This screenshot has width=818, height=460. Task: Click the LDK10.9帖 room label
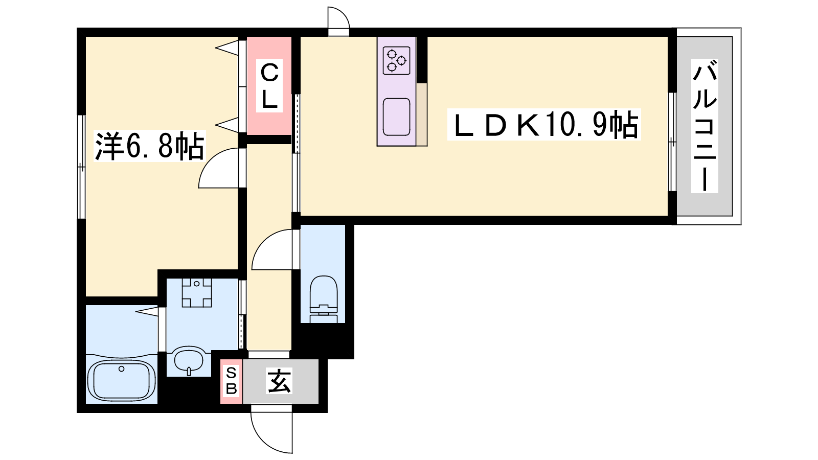click(544, 125)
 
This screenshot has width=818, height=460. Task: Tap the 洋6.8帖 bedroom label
click(149, 146)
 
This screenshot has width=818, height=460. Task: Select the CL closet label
click(269, 86)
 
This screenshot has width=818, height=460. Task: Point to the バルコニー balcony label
click(705, 126)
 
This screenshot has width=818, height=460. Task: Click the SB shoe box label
click(232, 381)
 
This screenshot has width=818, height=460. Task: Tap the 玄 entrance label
click(279, 381)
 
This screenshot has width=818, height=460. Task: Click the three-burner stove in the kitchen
click(397, 61)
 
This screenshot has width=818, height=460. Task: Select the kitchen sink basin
click(396, 117)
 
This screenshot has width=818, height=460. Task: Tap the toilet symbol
click(324, 299)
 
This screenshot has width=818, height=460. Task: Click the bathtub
click(122, 380)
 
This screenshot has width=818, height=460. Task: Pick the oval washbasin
click(189, 360)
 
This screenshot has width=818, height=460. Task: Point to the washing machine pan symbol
click(197, 292)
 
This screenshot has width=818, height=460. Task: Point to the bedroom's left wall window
click(81, 167)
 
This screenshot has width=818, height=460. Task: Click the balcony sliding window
click(672, 142)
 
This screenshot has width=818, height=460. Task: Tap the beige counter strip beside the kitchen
click(422, 114)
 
